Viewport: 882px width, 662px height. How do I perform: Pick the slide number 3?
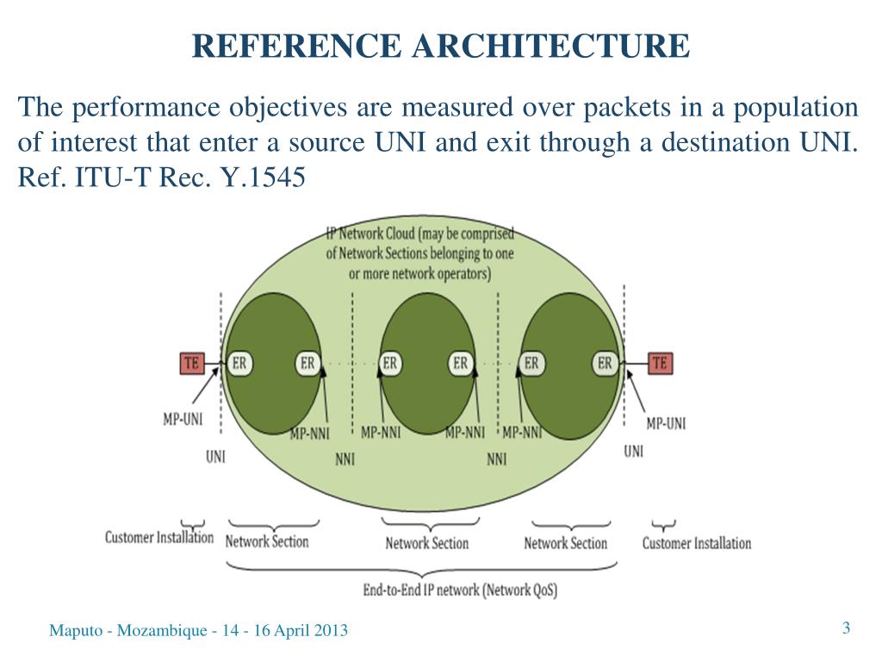(846, 628)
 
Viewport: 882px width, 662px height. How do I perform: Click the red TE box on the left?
(191, 363)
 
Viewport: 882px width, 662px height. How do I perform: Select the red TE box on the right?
(659, 363)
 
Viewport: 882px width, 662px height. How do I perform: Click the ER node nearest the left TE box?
(239, 363)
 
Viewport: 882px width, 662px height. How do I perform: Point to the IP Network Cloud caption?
(420, 253)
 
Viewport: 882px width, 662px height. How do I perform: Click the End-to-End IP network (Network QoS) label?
(460, 590)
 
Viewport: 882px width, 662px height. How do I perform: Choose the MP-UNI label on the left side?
(183, 420)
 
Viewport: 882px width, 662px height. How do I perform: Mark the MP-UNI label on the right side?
(666, 423)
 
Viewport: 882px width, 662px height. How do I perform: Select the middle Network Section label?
(426, 543)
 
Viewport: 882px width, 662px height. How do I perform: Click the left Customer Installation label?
(158, 537)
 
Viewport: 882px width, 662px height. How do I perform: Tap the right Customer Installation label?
(696, 543)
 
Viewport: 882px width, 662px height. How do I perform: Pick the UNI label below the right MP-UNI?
(633, 451)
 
